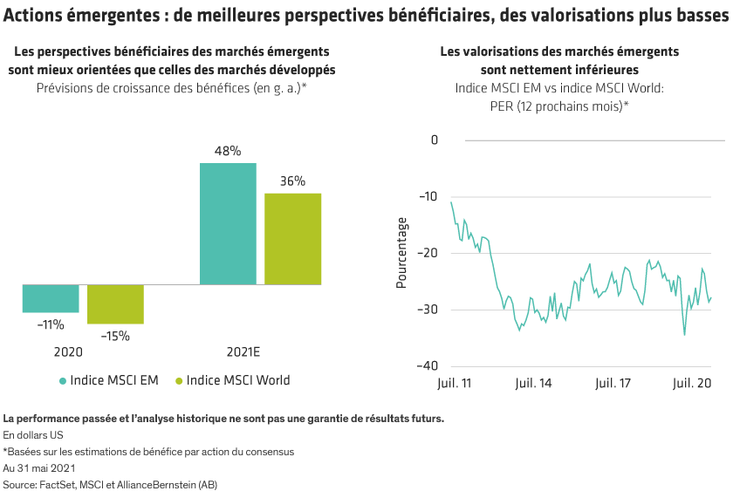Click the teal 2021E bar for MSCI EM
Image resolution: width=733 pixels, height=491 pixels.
[x=228, y=224]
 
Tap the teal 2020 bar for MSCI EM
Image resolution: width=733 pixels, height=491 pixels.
[x=51, y=299]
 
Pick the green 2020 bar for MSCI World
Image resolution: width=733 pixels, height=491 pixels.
[x=115, y=304]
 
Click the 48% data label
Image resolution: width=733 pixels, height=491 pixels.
[x=228, y=151]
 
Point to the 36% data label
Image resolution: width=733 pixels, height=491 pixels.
[x=293, y=181]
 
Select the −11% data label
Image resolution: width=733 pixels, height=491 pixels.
[x=51, y=324]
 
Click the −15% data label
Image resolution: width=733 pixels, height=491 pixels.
[x=115, y=336]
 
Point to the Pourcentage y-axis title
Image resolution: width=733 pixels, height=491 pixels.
[x=401, y=253]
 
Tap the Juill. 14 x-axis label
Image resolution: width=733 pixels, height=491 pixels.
[x=532, y=383]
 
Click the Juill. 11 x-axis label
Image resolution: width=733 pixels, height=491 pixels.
[x=453, y=383]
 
